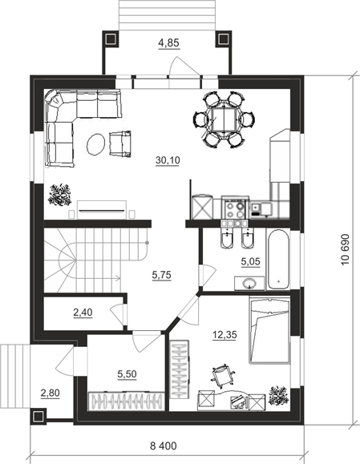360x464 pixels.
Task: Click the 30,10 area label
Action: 168,160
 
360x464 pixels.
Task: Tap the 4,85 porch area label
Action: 168,43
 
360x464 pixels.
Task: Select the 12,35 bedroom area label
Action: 224,335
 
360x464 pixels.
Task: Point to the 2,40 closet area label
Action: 83,313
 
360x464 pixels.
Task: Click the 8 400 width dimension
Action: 163,446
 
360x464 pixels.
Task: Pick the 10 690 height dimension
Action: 346,250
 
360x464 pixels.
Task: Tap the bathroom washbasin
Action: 249,284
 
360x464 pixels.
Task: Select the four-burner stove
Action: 235,208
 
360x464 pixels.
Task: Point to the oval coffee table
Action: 95,144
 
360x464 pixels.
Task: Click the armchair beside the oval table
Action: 120,143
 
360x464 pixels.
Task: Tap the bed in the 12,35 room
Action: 269,330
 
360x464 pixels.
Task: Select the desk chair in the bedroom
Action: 223,374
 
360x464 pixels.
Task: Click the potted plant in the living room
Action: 60,195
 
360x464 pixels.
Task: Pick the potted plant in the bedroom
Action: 278,395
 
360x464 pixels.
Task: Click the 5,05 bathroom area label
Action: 250,261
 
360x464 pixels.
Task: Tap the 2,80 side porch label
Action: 50,393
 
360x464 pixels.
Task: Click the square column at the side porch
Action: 38,417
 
